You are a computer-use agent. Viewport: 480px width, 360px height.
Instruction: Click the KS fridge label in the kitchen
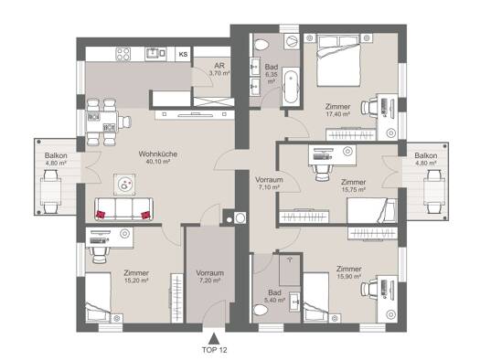pyautogui.click(x=183, y=55)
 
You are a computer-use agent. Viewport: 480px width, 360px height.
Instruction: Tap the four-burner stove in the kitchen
pyautogui.click(x=123, y=54)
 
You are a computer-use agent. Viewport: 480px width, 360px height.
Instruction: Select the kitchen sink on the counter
pyautogui.click(x=155, y=53)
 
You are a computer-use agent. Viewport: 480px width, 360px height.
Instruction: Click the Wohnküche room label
pyautogui.click(x=158, y=154)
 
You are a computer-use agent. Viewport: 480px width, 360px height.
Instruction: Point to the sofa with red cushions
pyautogui.click(x=124, y=208)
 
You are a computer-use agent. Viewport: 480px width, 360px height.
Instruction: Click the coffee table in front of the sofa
pyautogui.click(x=124, y=185)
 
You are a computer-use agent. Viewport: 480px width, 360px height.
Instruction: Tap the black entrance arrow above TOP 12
pyautogui.click(x=214, y=339)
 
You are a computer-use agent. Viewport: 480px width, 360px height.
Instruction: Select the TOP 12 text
pyautogui.click(x=214, y=350)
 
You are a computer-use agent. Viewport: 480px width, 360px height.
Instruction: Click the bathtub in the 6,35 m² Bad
pyautogui.click(x=291, y=87)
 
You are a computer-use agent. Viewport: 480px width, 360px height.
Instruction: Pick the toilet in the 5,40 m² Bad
pyautogui.click(x=261, y=310)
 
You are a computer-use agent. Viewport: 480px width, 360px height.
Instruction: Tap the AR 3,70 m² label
pyautogui.click(x=219, y=69)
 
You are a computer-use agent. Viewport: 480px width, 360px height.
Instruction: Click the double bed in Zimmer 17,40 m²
pyautogui.click(x=338, y=60)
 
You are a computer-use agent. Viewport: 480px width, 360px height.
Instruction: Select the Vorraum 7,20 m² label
pyautogui.click(x=210, y=276)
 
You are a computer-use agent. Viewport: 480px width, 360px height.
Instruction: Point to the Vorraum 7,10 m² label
pyautogui.click(x=269, y=184)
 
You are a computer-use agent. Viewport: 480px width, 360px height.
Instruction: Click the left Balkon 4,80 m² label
pyautogui.click(x=56, y=159)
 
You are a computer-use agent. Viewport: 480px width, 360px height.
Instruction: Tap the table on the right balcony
pyautogui.click(x=434, y=191)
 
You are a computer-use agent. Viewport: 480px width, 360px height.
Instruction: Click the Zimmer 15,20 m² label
pyautogui.click(x=136, y=276)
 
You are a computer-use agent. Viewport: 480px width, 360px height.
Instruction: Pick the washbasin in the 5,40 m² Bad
pyautogui.click(x=294, y=302)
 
